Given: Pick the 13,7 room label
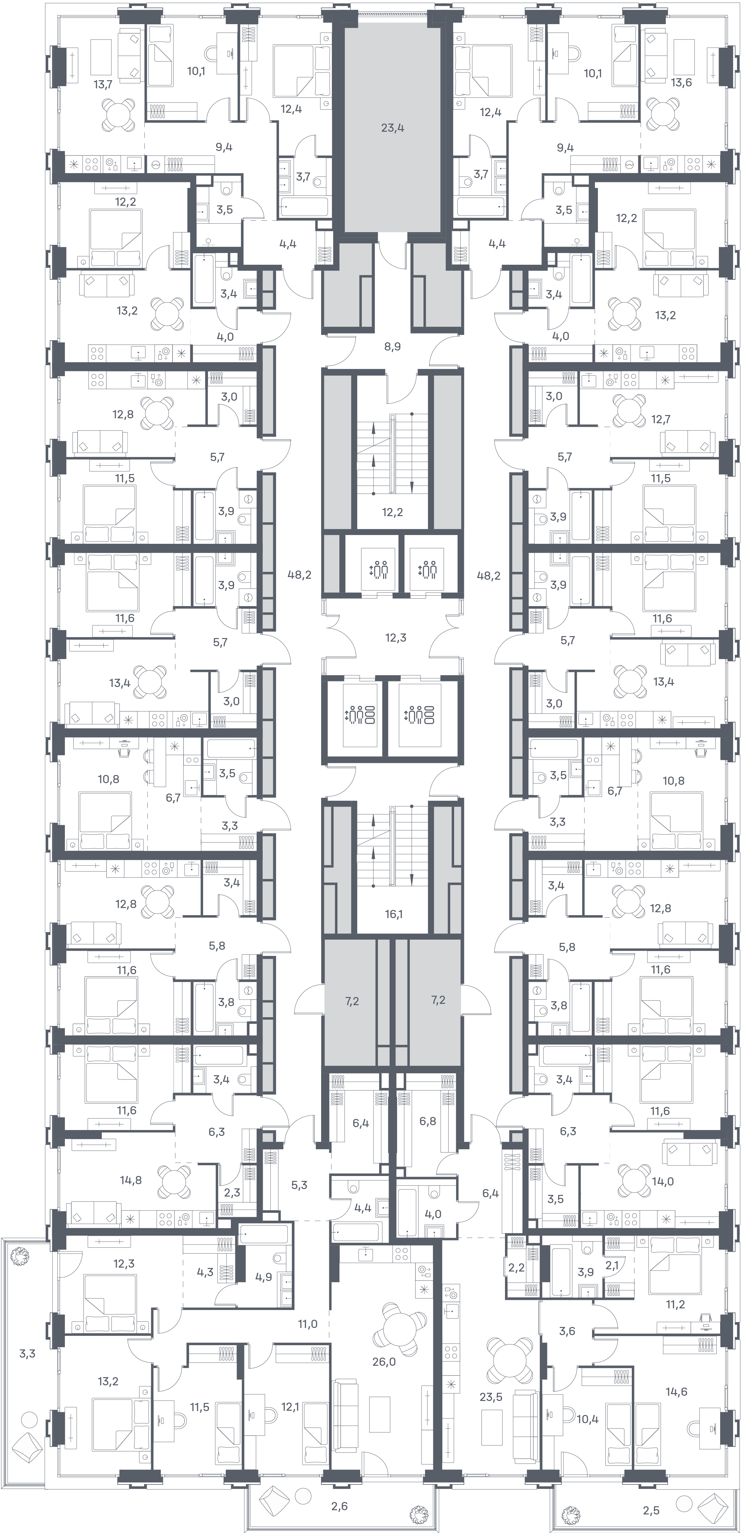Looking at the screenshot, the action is (x=102, y=84).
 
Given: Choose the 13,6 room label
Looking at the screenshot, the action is (x=681, y=83).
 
